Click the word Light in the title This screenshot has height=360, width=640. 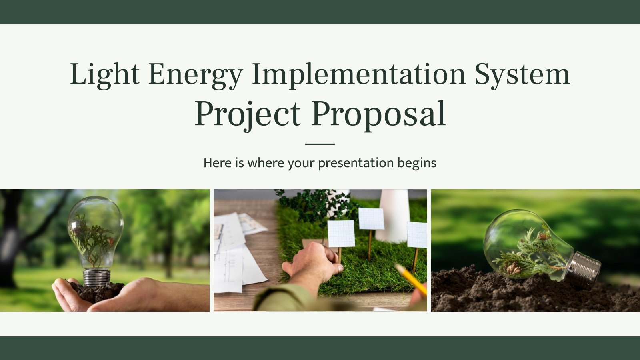[x=105, y=74]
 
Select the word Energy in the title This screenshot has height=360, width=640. [x=195, y=74]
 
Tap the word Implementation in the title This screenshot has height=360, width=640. [x=359, y=74]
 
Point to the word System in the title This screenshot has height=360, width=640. [x=522, y=74]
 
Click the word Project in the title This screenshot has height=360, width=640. [x=247, y=114]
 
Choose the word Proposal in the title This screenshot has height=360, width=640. [x=378, y=114]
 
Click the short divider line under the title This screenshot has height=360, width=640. [x=320, y=144]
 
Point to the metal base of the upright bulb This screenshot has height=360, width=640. [x=96, y=277]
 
